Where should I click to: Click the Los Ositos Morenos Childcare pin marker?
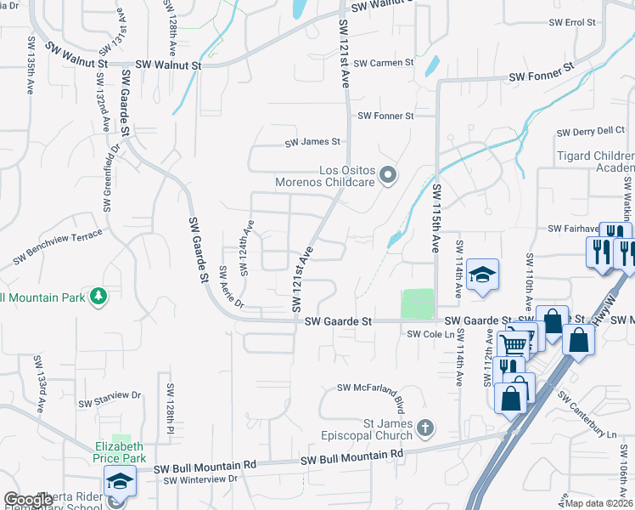click(388, 176)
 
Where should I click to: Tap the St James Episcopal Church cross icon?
click(426, 428)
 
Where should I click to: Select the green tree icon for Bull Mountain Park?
click(99, 296)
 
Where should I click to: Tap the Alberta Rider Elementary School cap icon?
click(120, 481)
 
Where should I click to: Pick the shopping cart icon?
click(513, 344)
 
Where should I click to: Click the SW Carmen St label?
click(384, 63)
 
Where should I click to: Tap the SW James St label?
click(312, 142)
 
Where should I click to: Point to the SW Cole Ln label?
click(425, 335)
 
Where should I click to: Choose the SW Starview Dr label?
click(110, 395)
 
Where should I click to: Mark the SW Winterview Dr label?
click(200, 480)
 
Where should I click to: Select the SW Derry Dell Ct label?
click(590, 132)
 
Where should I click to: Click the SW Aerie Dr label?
click(231, 287)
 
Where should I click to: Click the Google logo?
click(28, 500)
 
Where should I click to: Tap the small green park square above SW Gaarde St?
click(417, 303)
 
